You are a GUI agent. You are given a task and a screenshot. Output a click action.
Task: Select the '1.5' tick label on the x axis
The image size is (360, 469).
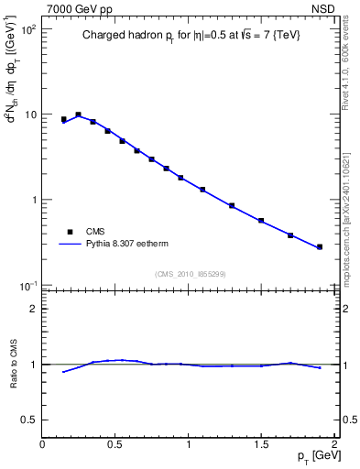[261, 444]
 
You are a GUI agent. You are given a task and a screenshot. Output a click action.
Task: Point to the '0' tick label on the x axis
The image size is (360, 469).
[42, 444]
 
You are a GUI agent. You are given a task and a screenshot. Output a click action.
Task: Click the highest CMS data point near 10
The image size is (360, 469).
[78, 115]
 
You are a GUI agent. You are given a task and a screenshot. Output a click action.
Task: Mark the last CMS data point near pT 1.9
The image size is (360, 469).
[320, 246]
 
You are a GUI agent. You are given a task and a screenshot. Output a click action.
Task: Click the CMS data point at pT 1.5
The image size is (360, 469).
[261, 221]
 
